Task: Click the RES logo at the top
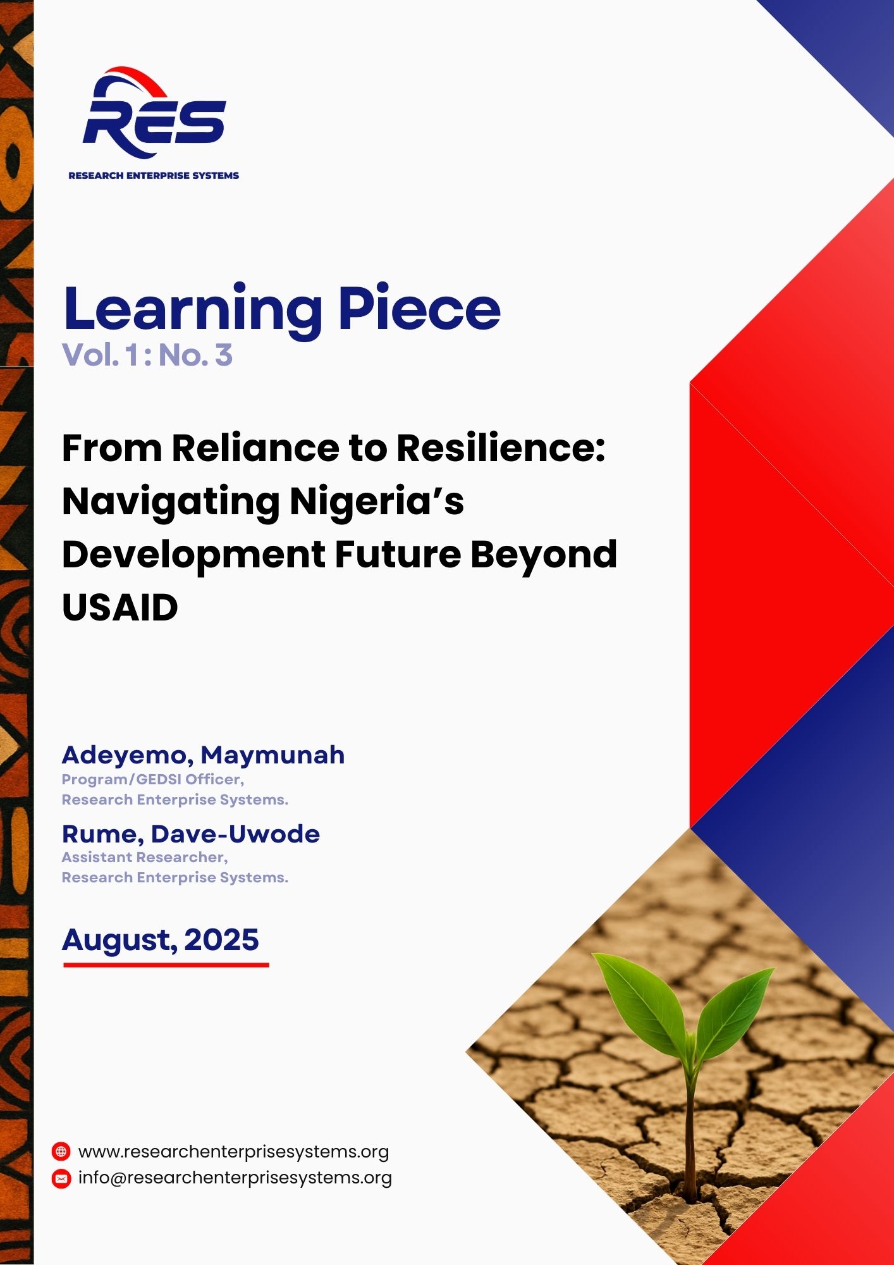pyautogui.click(x=154, y=113)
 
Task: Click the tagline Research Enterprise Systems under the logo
pyautogui.click(x=154, y=176)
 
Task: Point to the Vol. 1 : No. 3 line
pyautogui.click(x=147, y=355)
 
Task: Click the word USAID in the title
pyautogui.click(x=120, y=608)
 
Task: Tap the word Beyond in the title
pyautogui.click(x=544, y=555)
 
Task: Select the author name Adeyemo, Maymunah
pyautogui.click(x=203, y=755)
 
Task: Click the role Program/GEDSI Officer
pyautogui.click(x=153, y=779)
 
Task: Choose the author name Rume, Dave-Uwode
pyautogui.click(x=191, y=834)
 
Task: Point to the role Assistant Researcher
pyautogui.click(x=145, y=858)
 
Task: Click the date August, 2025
pyautogui.click(x=161, y=941)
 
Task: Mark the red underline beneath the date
pyautogui.click(x=166, y=965)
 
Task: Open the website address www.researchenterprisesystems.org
pyautogui.click(x=233, y=1152)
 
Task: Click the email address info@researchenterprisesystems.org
pyautogui.click(x=235, y=1178)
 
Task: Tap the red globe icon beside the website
pyautogui.click(x=61, y=1151)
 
